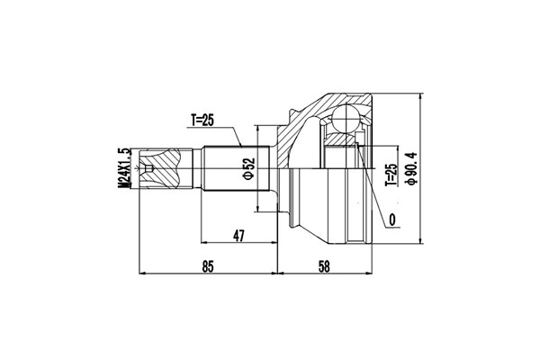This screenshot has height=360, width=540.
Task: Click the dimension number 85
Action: [208, 266]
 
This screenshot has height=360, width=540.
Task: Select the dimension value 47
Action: [238, 236]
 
